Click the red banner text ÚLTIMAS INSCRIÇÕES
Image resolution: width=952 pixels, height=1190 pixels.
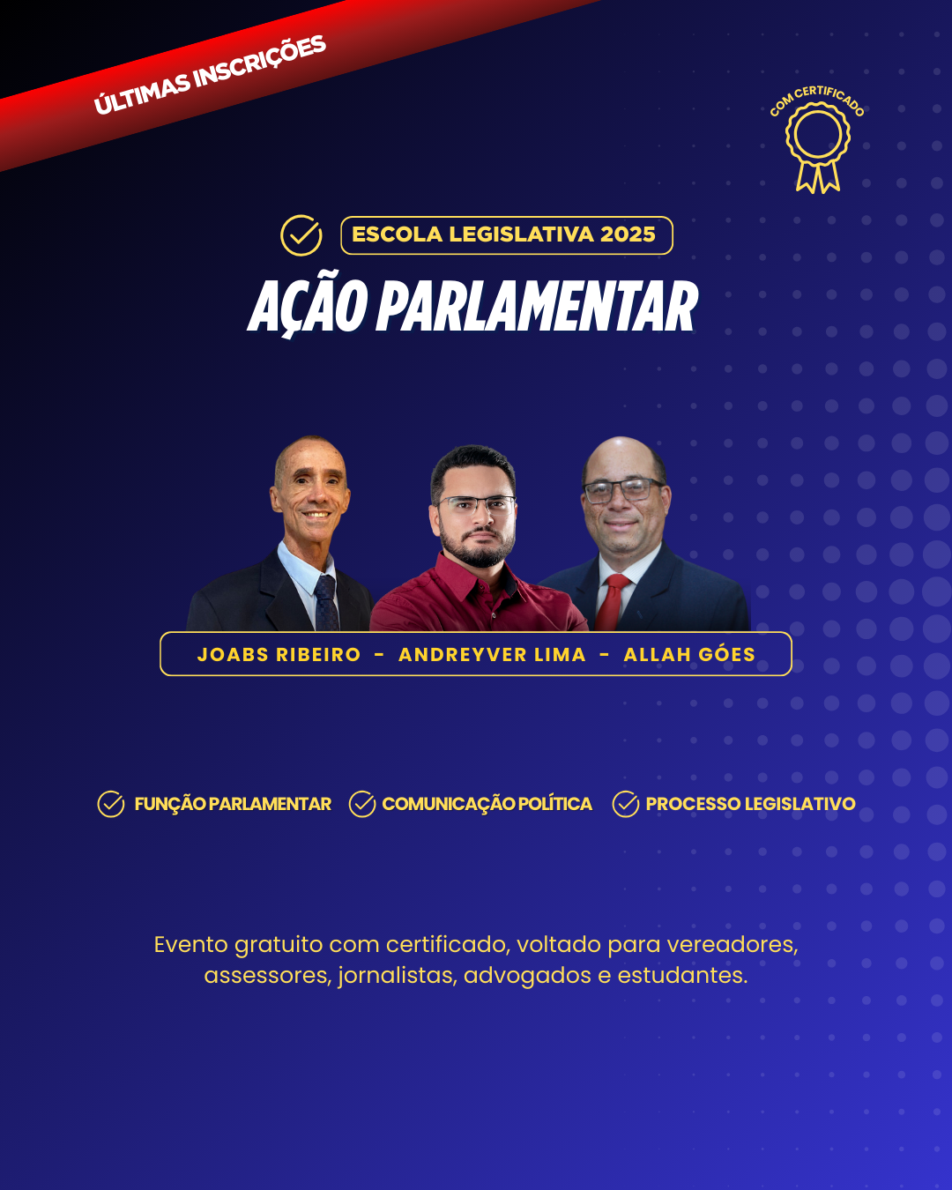210,75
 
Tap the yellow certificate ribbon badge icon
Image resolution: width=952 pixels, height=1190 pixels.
818,147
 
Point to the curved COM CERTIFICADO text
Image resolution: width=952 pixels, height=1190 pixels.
816,99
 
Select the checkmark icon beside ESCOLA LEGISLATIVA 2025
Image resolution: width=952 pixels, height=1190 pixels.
301,235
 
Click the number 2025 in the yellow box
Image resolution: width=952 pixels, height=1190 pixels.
628,234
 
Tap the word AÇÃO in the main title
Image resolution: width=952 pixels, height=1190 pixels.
309,305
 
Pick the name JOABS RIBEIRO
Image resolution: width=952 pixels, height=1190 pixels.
279,655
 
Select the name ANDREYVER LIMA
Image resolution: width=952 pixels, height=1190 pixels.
492,655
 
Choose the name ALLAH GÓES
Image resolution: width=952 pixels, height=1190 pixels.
689,654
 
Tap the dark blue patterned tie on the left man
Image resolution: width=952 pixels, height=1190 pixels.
326,603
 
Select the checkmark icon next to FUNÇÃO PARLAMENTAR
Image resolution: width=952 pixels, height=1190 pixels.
111,804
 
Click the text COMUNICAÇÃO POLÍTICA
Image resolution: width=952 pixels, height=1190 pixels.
487,804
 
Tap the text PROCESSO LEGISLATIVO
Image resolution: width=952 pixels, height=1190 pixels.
751,804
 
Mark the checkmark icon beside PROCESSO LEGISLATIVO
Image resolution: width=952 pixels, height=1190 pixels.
626,804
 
